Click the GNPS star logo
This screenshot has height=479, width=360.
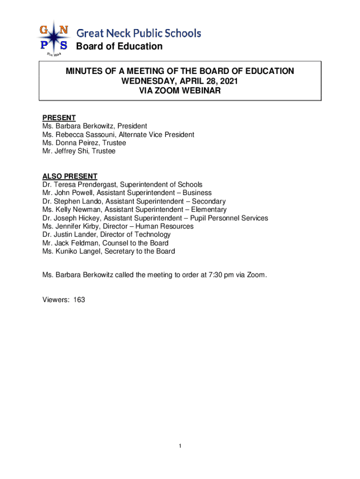click(54, 38)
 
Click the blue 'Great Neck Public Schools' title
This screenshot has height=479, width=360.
click(139, 33)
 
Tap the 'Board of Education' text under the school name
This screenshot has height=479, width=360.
click(119, 46)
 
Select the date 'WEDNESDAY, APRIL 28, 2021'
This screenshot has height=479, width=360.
click(180, 81)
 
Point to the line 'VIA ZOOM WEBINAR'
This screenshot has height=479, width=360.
click(180, 91)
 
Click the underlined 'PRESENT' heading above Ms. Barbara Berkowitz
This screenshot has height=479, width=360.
click(59, 118)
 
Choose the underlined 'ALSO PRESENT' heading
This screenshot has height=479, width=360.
click(70, 176)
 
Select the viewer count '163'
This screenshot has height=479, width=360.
click(79, 300)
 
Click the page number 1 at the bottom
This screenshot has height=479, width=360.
click(180, 447)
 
